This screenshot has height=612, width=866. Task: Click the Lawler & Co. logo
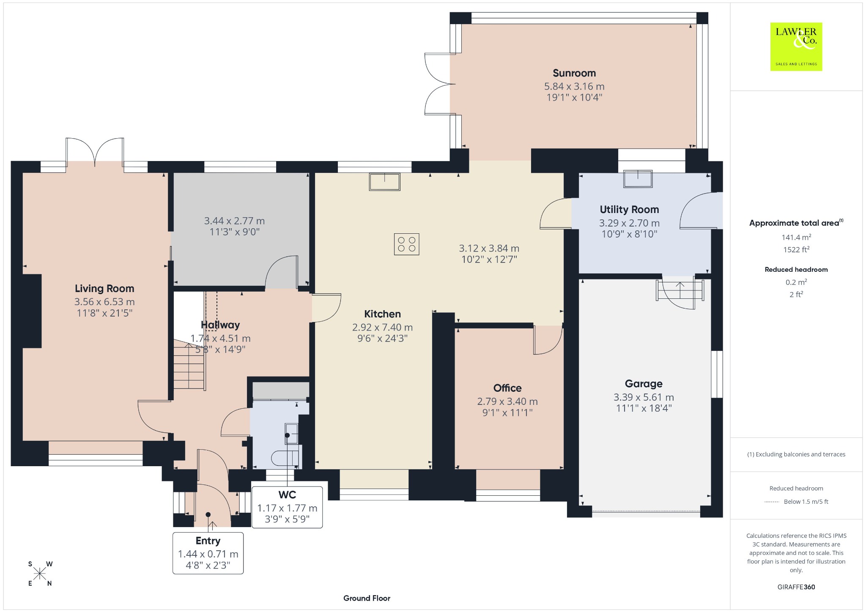pos(796,46)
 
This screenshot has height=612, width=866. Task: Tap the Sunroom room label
pos(574,73)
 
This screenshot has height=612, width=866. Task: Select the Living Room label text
pos(104,289)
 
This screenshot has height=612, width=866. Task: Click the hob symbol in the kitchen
pos(407,244)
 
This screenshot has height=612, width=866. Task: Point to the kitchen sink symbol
pos(384,182)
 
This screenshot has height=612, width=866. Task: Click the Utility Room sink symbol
pos(638,178)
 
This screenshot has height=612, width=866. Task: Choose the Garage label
pos(644,384)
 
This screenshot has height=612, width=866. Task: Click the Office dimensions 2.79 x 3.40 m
pos(507,402)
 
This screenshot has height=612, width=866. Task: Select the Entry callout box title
pos(208,541)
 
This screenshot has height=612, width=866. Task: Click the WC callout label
pos(287,495)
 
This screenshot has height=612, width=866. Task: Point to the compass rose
pos(40,574)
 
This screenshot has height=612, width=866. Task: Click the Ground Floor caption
pos(367,598)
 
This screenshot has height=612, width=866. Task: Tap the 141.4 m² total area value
pos(796,238)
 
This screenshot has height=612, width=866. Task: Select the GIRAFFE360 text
pos(796,587)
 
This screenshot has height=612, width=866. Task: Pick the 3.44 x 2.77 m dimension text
pos(235,221)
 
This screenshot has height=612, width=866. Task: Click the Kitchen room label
pos(383,314)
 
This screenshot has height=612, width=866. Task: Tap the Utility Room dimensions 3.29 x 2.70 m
pos(629,223)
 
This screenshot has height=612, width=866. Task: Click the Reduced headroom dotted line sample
pos(772,502)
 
